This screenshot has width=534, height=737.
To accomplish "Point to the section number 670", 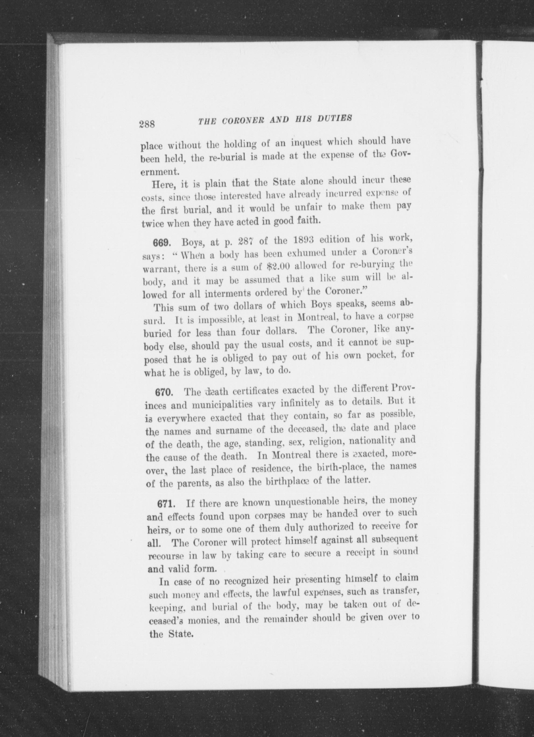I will click(x=165, y=392).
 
